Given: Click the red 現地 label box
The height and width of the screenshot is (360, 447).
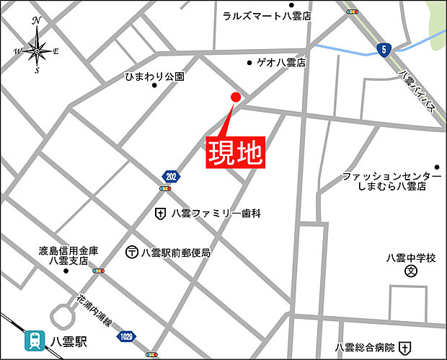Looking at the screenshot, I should pyautogui.click(x=234, y=152).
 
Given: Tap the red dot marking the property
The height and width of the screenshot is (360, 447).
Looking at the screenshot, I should pyautogui.click(x=235, y=97).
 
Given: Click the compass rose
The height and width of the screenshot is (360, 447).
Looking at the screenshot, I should pyautogui.click(x=37, y=50).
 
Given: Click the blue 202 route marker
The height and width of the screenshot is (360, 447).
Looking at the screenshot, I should pyautogui.click(x=169, y=176).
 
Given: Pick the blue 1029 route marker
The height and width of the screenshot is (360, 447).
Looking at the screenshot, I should pyautogui.click(x=125, y=335).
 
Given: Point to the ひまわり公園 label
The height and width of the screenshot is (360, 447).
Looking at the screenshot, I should pyautogui.click(x=154, y=76).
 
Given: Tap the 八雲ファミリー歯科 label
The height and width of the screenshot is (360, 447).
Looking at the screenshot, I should pyautogui.click(x=216, y=214).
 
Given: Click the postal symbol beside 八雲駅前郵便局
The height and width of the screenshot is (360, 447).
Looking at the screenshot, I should pyautogui.click(x=132, y=253).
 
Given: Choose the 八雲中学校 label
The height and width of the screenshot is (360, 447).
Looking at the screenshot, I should pyautogui.click(x=411, y=258).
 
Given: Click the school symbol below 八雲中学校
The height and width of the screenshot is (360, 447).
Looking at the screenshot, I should pyautogui.click(x=411, y=272).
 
